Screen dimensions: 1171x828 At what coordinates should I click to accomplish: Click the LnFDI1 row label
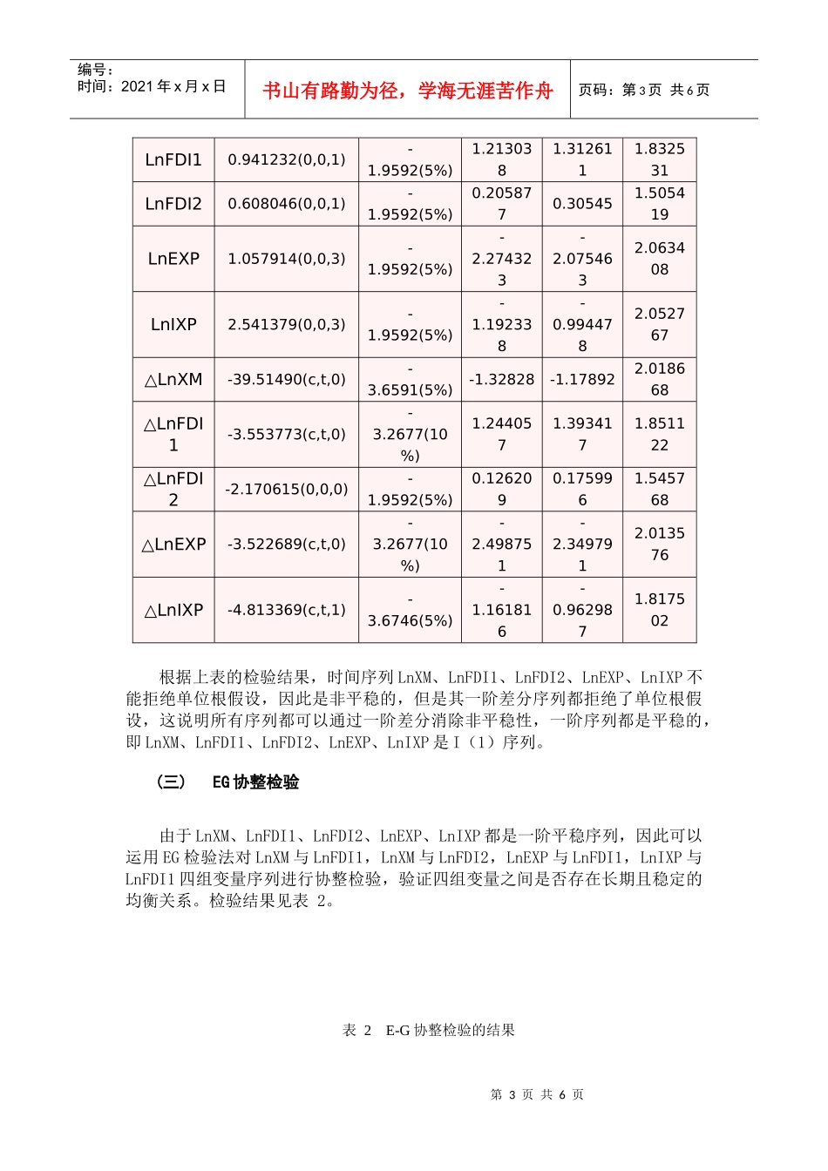click(x=173, y=159)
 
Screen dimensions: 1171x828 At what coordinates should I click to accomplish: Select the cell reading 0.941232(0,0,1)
click(x=286, y=159)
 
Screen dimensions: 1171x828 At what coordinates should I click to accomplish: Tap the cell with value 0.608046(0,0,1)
click(x=286, y=204)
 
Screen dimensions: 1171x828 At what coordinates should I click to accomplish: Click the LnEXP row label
click(x=173, y=259)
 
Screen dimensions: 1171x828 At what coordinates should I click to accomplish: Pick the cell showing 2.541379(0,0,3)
click(x=286, y=324)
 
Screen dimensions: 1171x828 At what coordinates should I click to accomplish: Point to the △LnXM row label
click(x=173, y=380)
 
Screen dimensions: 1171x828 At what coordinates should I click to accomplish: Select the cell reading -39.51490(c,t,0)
click(x=286, y=380)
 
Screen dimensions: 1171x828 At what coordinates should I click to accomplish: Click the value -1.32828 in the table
click(x=501, y=380)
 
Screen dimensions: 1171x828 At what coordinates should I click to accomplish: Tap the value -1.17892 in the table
click(x=582, y=380)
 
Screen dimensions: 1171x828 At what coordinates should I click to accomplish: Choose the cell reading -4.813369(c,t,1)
click(x=286, y=610)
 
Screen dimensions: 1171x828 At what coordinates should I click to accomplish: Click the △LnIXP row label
click(x=173, y=610)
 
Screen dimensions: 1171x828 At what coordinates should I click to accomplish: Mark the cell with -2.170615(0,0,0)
click(x=286, y=490)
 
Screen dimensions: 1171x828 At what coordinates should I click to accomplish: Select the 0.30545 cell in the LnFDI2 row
click(x=582, y=204)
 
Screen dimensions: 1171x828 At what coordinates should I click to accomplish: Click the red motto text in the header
click(x=408, y=91)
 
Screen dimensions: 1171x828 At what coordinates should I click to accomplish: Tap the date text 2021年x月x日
click(x=173, y=86)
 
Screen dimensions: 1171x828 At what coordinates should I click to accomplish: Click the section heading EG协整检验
click(x=255, y=782)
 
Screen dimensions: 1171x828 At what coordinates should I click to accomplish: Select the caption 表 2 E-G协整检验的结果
click(x=429, y=1030)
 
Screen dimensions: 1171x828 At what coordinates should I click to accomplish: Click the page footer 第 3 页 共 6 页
click(x=537, y=1094)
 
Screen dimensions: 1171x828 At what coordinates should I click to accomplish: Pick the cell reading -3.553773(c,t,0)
click(x=286, y=434)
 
